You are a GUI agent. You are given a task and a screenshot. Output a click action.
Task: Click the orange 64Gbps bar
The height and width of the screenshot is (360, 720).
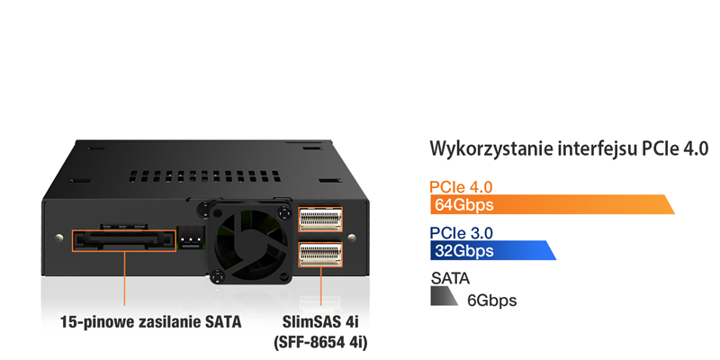point(549,205)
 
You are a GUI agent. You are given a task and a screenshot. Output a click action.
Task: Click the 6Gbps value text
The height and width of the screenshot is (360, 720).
point(491,301)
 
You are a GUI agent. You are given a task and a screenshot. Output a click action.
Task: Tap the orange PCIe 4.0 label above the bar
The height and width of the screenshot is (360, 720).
point(461,187)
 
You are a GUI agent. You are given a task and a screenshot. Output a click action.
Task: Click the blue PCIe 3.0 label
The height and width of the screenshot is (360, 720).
point(461,233)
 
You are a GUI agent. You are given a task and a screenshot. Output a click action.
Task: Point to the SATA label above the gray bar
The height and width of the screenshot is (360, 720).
point(450,278)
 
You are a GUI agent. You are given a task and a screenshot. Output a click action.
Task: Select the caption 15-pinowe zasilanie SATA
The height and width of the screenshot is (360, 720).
point(151,321)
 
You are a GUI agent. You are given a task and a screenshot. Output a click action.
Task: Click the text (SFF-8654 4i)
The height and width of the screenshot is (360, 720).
point(319,343)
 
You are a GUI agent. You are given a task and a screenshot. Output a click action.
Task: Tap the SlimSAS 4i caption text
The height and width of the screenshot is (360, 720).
point(320,322)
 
